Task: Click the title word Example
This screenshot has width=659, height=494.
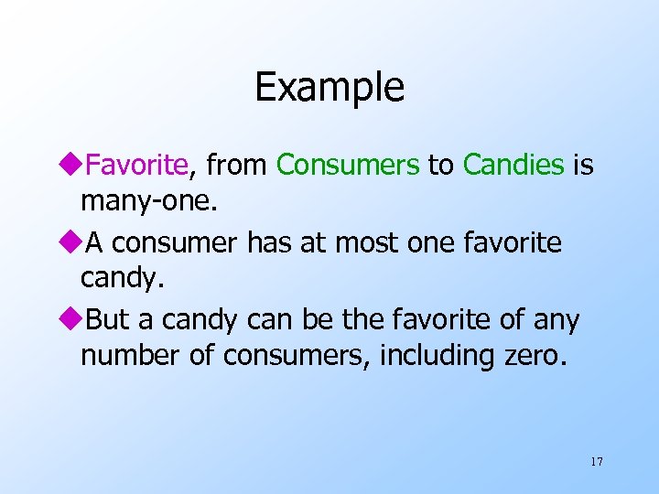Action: pos(329,88)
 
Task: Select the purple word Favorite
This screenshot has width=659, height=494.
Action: pos(135,165)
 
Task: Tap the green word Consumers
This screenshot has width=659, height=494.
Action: pos(348,165)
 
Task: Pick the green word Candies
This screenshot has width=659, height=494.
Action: pos(513,165)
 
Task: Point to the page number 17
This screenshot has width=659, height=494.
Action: pos(597,461)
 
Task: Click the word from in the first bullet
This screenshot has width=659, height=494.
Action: pos(236,165)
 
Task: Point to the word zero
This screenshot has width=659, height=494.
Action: pos(530,355)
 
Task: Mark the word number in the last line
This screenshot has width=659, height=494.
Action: pos(131,355)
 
